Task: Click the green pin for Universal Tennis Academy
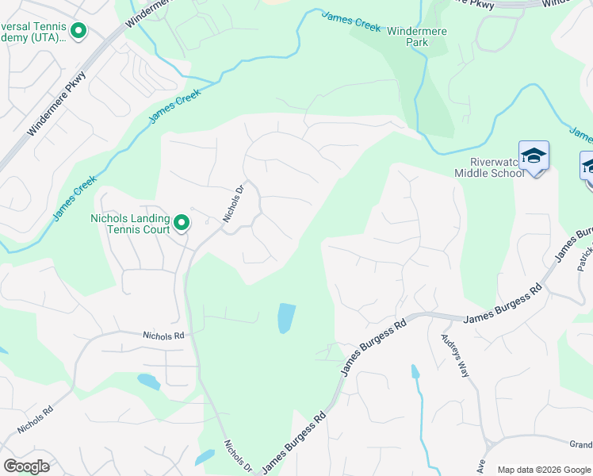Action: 78,31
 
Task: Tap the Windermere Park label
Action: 418,36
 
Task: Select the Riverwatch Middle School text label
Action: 489,167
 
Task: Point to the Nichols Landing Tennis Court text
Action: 130,224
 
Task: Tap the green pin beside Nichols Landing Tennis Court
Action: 182,223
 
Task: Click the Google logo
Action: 26,466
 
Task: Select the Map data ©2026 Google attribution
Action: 543,470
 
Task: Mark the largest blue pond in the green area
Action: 286,318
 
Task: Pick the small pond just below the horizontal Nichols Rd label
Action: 149,382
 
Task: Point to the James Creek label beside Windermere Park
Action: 352,21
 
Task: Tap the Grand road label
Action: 580,444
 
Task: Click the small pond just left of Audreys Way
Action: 415,370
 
